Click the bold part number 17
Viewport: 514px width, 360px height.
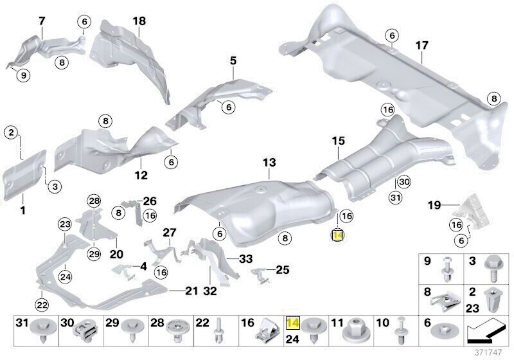[422, 45]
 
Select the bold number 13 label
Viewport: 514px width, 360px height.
[269, 163]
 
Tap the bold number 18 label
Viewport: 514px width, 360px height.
[139, 21]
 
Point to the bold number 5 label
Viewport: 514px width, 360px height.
[233, 60]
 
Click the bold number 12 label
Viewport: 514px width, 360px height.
[141, 175]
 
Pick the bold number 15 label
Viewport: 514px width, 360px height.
[339, 141]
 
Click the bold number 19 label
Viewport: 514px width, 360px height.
[435, 206]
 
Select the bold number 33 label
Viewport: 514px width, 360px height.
[246, 258]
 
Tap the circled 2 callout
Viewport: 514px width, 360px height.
[11, 133]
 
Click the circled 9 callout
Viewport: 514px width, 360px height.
[23, 75]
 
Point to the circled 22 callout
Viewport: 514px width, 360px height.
[42, 305]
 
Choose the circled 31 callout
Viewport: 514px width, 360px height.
[395, 197]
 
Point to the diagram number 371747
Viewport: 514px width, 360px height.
[488, 352]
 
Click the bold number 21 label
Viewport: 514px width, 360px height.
[191, 291]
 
